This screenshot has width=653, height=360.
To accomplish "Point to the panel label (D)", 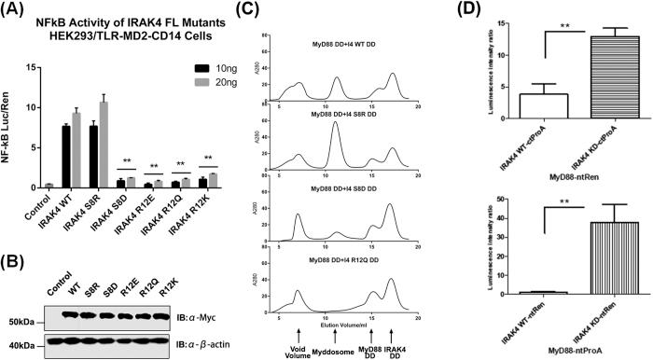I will (501, 12).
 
